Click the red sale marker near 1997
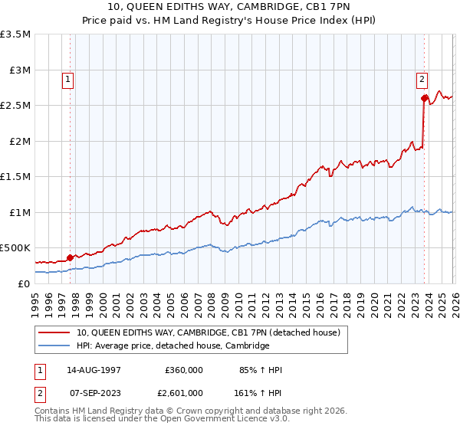70,257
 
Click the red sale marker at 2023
424,98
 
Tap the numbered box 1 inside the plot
68,78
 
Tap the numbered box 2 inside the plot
422,78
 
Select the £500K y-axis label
15,248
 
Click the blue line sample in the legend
54,346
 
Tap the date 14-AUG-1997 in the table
94,370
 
